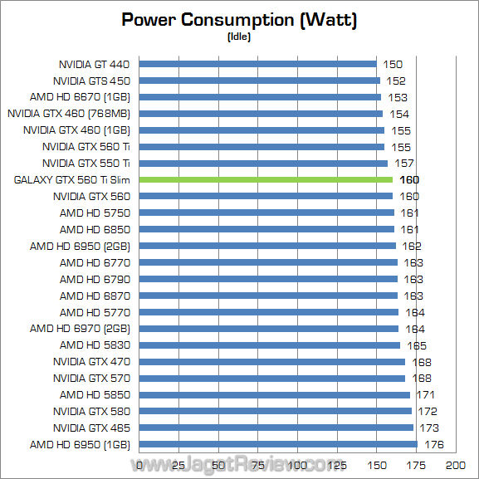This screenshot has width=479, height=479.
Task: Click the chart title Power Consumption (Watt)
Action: [239, 20]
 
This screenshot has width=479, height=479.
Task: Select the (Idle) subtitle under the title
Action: [239, 37]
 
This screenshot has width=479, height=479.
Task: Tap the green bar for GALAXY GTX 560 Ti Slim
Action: [266, 179]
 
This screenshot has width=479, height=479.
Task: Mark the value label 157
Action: [404, 163]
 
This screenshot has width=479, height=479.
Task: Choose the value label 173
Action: [429, 428]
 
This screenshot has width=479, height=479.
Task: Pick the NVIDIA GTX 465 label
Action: [91, 428]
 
